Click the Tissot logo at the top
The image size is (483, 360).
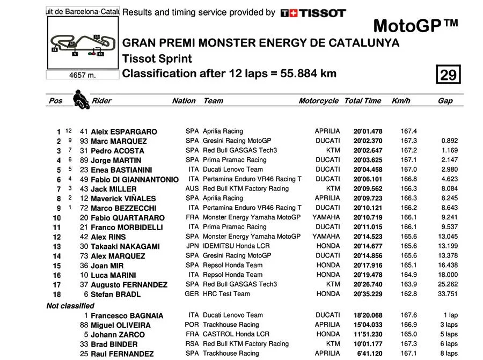pyautogui.click(x=313, y=12)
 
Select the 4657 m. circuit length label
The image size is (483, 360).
pyautogui.click(x=82, y=75)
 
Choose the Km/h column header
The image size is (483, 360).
pyautogui.click(x=401, y=100)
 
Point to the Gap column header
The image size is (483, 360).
pyautogui.click(x=445, y=100)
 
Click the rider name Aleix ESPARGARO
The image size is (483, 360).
pyautogui.click(x=124, y=131)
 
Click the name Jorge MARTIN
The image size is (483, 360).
pyautogui.click(x=116, y=160)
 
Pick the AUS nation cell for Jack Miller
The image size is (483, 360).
pyautogui.click(x=192, y=188)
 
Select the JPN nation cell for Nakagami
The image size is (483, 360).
pyautogui.click(x=192, y=246)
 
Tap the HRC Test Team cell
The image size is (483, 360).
pyautogui.click(x=226, y=293)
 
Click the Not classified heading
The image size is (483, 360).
pyautogui.click(x=70, y=305)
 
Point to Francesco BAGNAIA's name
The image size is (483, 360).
pyautogui.click(x=127, y=315)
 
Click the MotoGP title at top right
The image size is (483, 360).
pyautogui.click(x=415, y=26)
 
